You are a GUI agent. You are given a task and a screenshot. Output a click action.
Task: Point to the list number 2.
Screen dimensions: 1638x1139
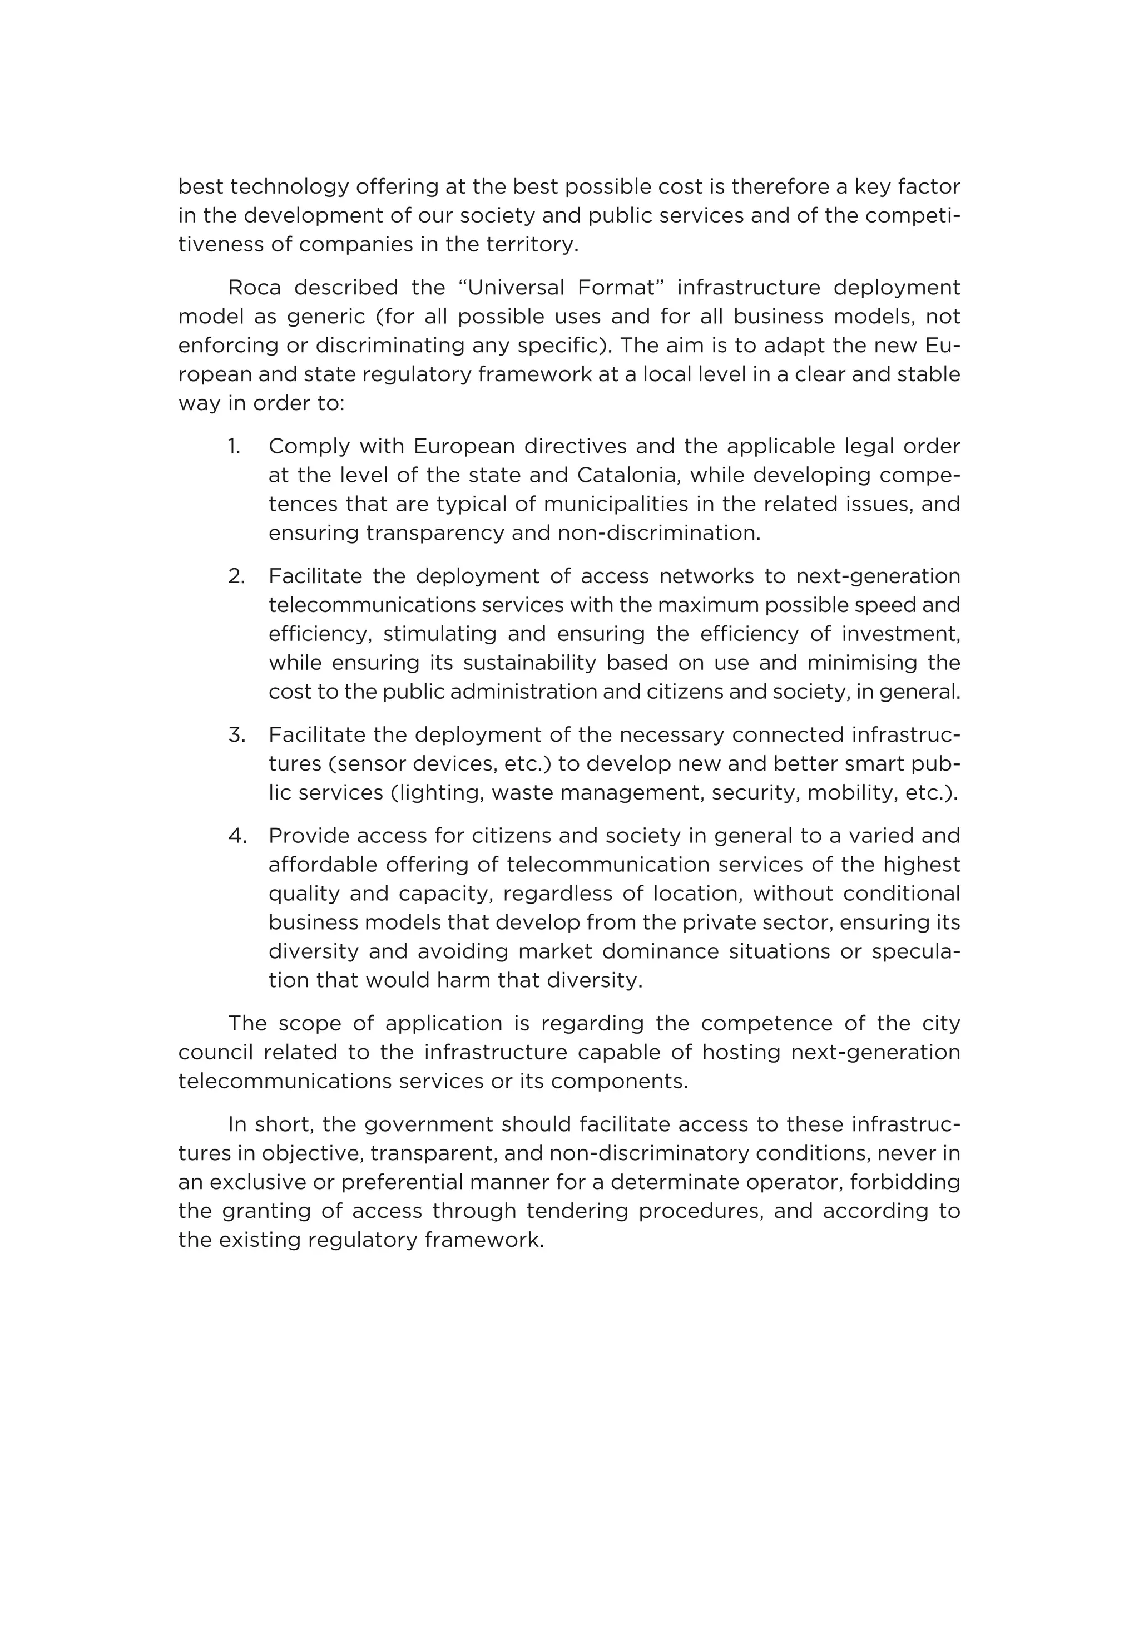(236, 576)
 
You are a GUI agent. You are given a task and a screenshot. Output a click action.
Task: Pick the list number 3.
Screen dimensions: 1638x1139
(236, 735)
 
